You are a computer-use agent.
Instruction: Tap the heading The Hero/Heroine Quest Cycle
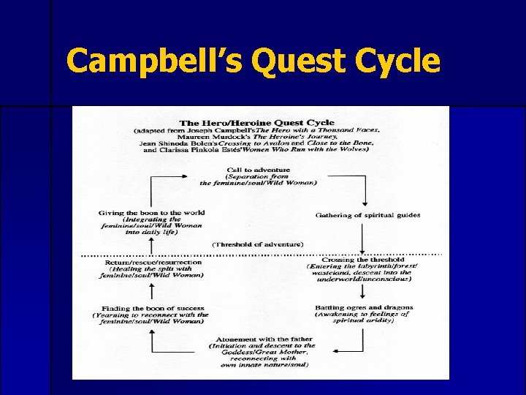coord(256,122)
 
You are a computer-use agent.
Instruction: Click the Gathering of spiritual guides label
coord(367,215)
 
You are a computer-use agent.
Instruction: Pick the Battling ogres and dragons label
coord(363,307)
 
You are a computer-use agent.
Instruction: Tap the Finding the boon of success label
coord(152,308)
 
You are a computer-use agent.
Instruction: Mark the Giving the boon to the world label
coord(151,213)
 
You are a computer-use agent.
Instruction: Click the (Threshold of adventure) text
coord(258,244)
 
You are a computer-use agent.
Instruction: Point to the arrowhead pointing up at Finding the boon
coord(151,331)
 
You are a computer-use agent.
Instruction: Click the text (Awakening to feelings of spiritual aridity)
coord(363,317)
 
